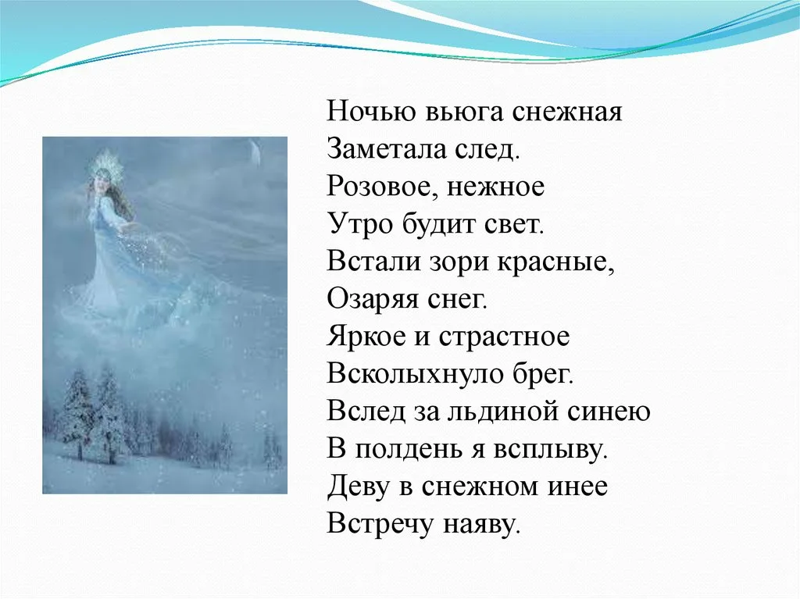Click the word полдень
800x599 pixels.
405,449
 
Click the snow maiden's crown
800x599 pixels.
103,162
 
